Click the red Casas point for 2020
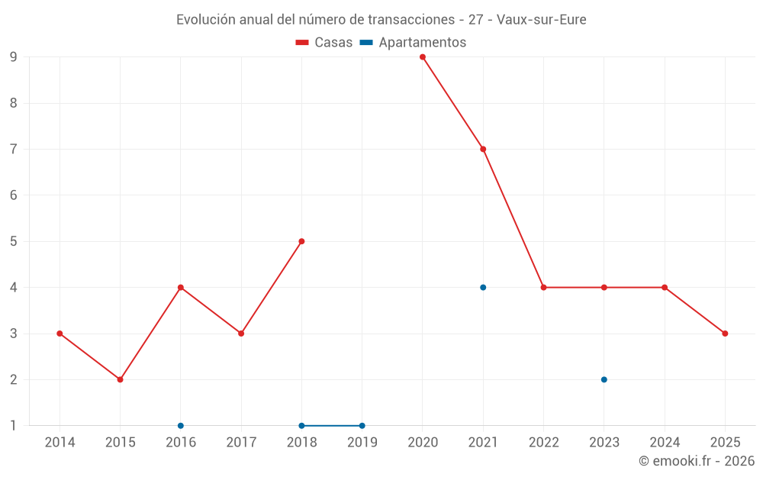423,57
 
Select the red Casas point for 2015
120,379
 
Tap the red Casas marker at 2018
301,241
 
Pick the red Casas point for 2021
483,149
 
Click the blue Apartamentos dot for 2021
483,288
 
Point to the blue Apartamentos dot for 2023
604,379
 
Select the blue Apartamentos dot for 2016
181,426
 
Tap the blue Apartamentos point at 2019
362,426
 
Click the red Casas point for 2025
725,334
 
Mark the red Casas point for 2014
60,334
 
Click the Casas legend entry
325,43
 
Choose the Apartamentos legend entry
414,43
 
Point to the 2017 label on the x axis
241,443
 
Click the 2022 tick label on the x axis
543,443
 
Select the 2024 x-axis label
665,443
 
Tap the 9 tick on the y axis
14,57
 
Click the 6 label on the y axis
14,195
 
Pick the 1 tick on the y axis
14,426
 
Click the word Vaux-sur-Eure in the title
541,20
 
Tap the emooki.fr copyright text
696,461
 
